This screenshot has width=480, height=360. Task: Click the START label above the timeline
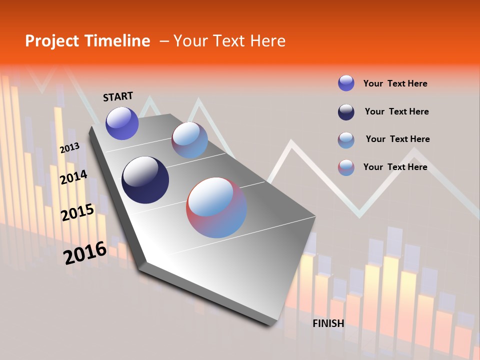click(118, 96)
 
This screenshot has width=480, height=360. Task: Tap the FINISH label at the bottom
click(328, 323)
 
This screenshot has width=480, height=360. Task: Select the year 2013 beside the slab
click(69, 148)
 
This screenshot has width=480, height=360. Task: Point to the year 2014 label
click(73, 177)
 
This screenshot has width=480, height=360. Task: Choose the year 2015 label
click(77, 212)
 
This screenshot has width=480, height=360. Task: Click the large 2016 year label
click(85, 253)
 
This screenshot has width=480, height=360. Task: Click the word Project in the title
click(51, 41)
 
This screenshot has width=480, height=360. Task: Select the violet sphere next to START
click(122, 123)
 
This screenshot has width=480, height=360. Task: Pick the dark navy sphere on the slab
click(145, 180)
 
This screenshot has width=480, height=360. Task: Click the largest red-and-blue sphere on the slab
click(216, 207)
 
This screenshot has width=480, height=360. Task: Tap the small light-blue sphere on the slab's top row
click(189, 140)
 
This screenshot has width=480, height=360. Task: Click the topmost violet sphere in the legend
click(346, 83)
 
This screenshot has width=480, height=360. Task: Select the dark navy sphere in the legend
click(346, 112)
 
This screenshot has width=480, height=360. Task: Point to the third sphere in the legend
click(346, 140)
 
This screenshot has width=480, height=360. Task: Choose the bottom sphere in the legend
click(346, 167)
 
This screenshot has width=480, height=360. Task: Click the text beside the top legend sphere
click(395, 83)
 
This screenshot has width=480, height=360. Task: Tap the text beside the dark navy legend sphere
click(396, 111)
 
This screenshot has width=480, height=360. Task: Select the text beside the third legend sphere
click(397, 139)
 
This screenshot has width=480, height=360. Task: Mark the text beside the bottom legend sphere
click(395, 167)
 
